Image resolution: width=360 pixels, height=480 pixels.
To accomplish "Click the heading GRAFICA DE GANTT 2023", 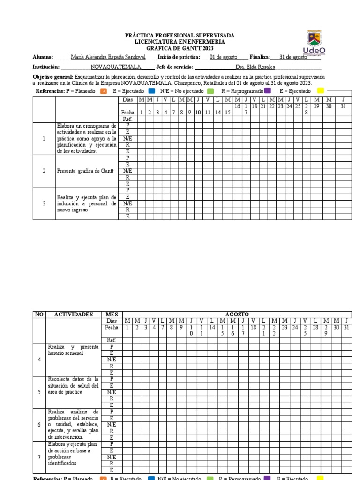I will point(180,48).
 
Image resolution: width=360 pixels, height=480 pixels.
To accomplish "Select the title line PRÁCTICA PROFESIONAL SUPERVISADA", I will point(180,36).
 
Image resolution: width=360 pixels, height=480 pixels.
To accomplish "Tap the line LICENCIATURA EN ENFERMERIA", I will point(180,42).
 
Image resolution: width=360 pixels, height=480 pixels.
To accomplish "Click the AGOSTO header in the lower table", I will point(237,314).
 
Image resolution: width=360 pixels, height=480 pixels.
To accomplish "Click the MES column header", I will point(112,314).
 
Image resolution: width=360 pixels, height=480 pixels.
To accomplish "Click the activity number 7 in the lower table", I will point(39,457).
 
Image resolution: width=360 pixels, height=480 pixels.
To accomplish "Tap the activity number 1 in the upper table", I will point(44,139).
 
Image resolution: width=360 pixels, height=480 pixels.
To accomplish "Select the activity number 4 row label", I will point(39,360).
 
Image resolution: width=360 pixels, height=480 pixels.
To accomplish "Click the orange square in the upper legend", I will point(104,91).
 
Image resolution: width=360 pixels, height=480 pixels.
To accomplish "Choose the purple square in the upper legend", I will point(267,91).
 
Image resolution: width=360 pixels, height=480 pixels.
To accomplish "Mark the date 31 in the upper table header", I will point(343,106).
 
